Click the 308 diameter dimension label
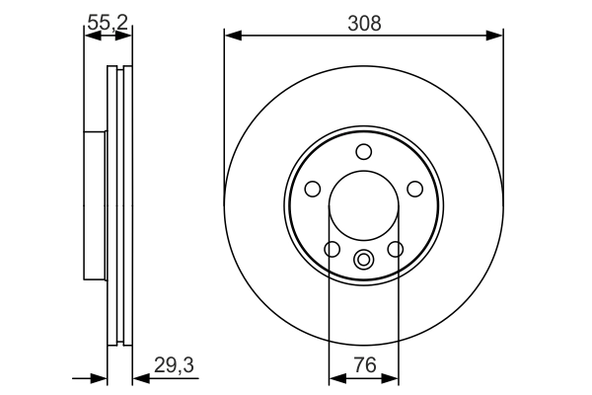point(364,22)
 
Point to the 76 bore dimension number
point(364,364)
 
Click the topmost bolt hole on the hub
point(364,151)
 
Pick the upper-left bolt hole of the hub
point(313,189)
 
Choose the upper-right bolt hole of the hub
point(415,189)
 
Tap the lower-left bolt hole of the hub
point(333,249)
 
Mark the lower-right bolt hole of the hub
point(396,249)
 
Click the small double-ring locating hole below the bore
point(364,261)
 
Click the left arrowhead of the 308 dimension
point(233,36)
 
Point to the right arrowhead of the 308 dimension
point(495,36)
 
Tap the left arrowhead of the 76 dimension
point(335,377)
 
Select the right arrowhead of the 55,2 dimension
point(124,36)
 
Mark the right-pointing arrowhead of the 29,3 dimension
point(99,377)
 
